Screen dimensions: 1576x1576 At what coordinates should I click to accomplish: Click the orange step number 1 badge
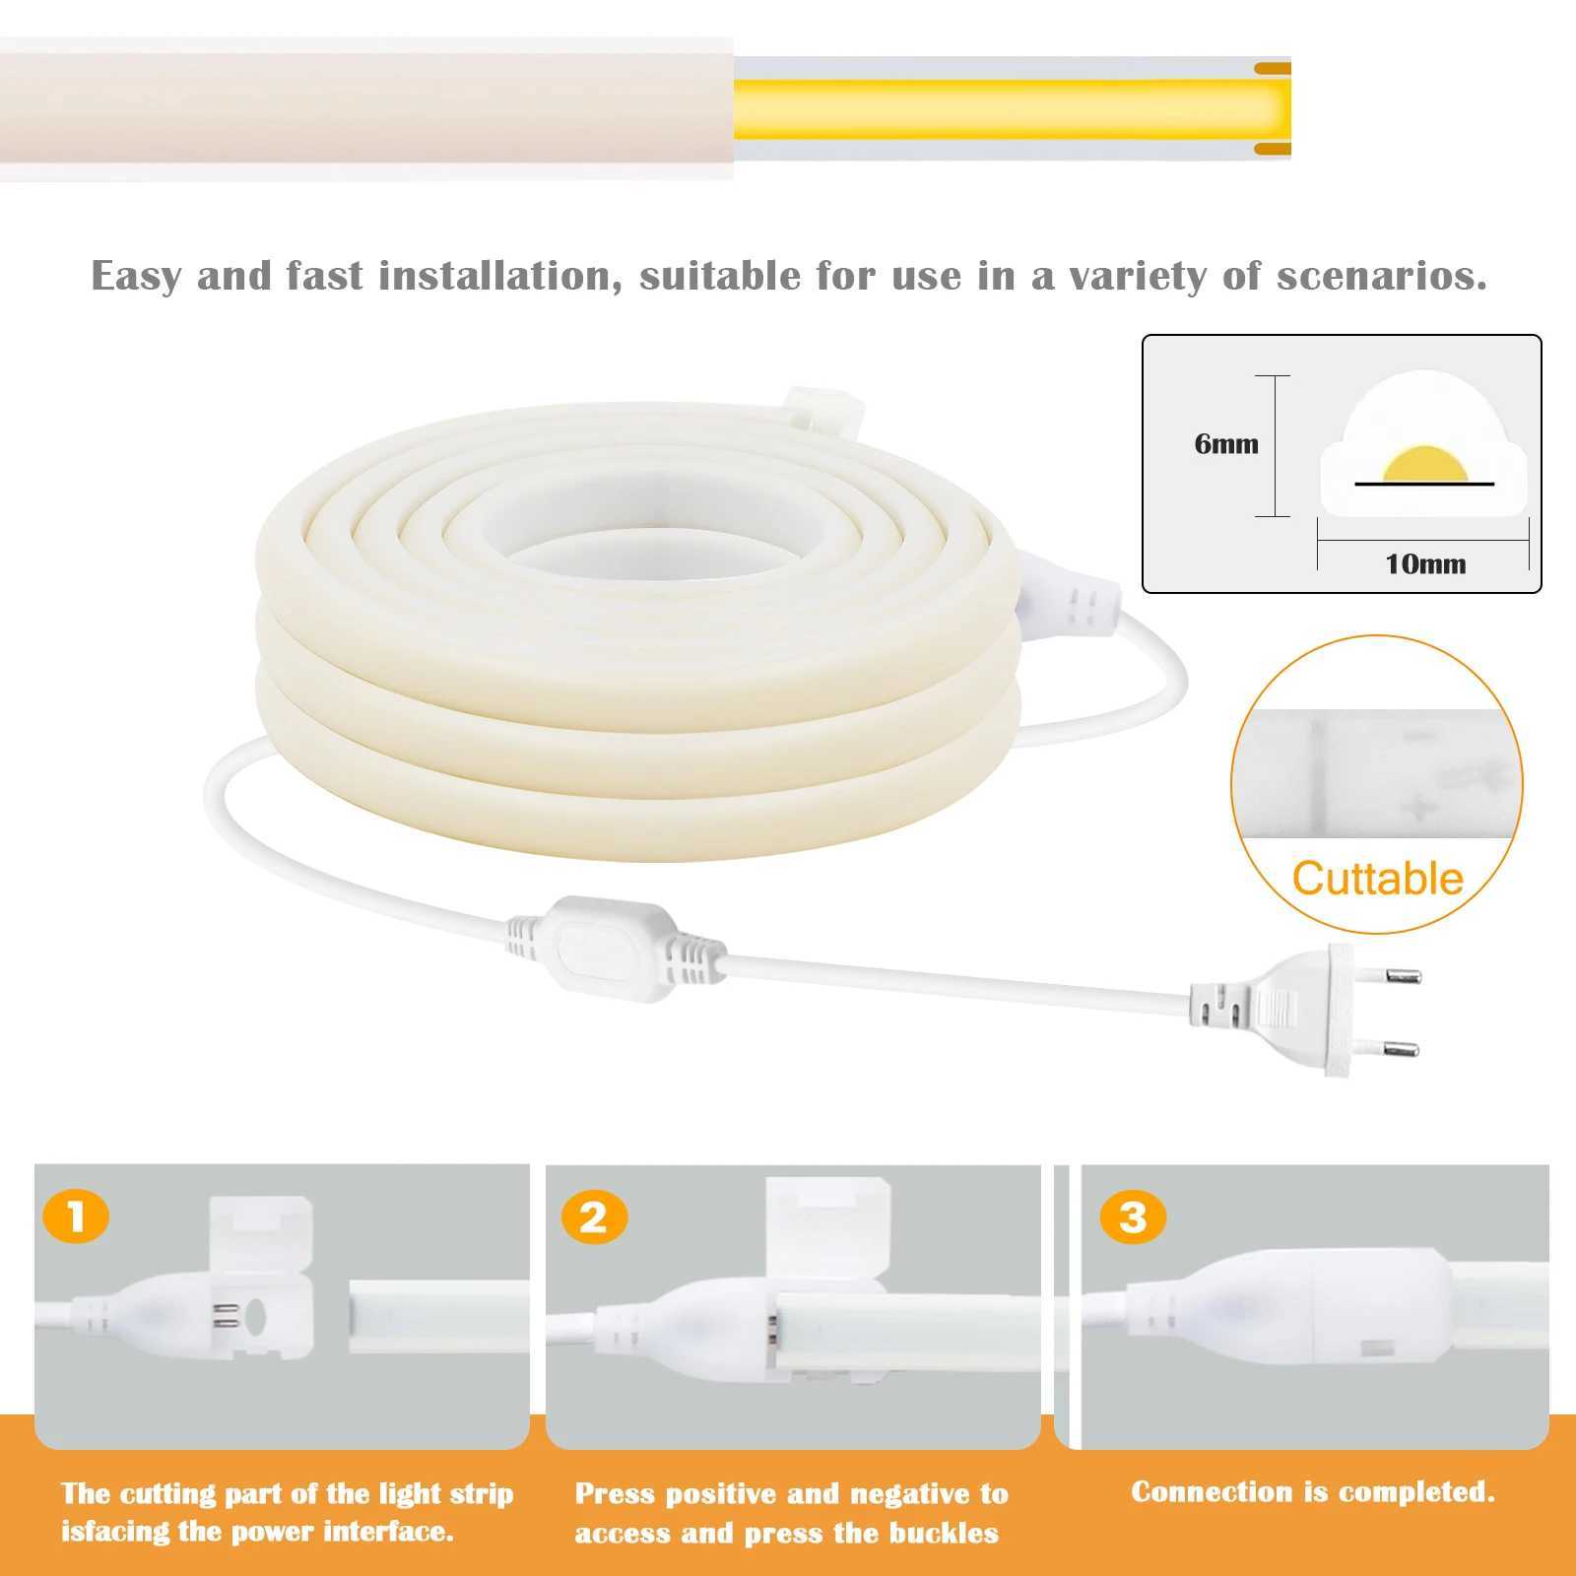[x=76, y=1217]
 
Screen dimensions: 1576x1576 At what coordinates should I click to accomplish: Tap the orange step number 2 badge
[x=594, y=1217]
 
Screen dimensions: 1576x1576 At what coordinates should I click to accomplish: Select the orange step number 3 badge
[x=1133, y=1217]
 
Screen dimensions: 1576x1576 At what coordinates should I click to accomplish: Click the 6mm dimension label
[x=1225, y=444]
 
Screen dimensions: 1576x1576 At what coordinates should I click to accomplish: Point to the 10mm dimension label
[x=1425, y=564]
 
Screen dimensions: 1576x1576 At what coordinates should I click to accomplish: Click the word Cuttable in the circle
[x=1377, y=879]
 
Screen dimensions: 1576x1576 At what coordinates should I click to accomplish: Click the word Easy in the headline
[x=137, y=277]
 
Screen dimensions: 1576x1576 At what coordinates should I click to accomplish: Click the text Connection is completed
[x=1312, y=1492]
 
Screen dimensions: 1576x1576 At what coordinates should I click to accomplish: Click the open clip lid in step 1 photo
[x=262, y=1233]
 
